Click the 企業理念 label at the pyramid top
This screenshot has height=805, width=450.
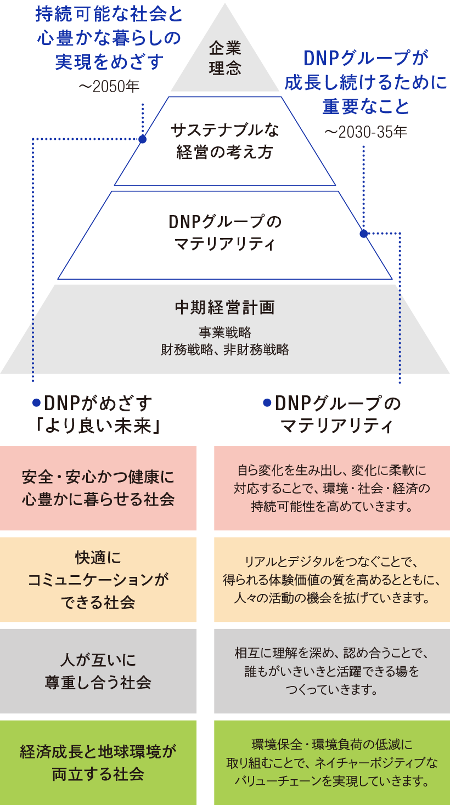click(x=225, y=59)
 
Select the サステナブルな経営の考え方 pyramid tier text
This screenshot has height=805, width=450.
click(x=225, y=141)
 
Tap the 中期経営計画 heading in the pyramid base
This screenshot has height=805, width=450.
click(x=225, y=308)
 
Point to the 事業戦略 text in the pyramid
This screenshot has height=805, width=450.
click(x=225, y=332)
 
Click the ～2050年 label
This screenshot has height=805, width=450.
click(x=109, y=86)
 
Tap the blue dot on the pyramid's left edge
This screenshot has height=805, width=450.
click(x=143, y=139)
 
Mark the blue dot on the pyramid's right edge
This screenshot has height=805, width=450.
click(x=363, y=234)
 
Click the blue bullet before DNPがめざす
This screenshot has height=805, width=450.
click(x=36, y=403)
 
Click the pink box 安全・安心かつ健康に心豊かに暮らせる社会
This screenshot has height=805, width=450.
click(x=98, y=488)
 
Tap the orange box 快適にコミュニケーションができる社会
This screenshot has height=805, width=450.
click(x=98, y=580)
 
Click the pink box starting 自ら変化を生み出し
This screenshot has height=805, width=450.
click(x=331, y=488)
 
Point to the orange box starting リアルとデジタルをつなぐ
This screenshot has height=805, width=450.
click(x=331, y=580)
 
